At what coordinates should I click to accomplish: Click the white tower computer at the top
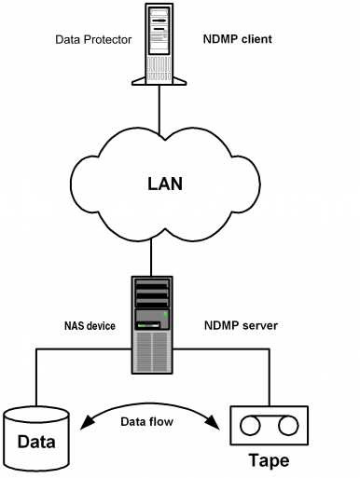coord(159,41)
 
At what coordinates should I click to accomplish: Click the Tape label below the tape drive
coord(269,461)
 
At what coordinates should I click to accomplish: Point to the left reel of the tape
coord(251,426)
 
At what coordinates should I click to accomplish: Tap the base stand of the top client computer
coord(159,81)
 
